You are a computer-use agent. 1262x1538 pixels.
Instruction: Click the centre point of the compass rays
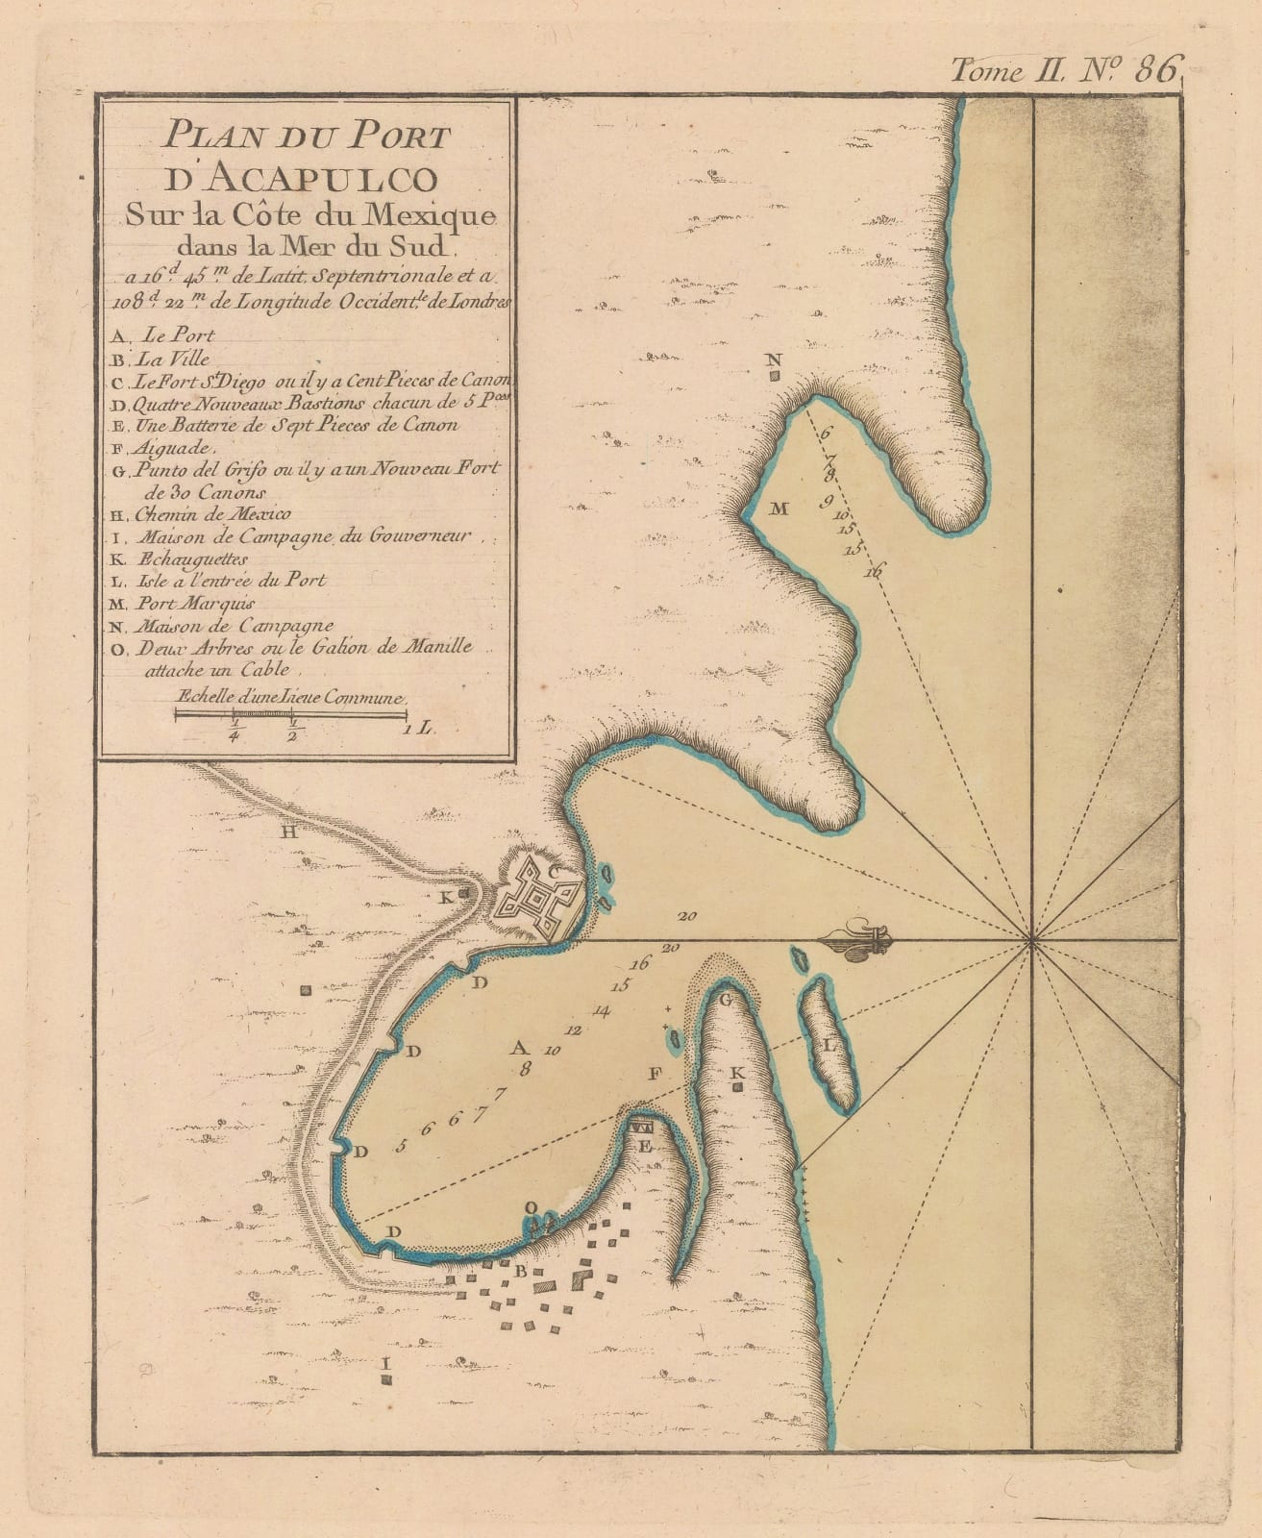(x=1030, y=940)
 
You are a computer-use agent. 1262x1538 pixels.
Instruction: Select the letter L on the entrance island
(x=829, y=1043)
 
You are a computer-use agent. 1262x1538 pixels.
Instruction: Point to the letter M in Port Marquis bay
(x=779, y=509)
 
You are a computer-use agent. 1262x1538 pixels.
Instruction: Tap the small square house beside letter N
(x=774, y=378)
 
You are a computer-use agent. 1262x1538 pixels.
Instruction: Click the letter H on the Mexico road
(x=287, y=832)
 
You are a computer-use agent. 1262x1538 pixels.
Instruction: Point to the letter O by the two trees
(x=530, y=1207)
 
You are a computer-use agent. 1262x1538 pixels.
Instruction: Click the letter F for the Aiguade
(x=656, y=1075)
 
